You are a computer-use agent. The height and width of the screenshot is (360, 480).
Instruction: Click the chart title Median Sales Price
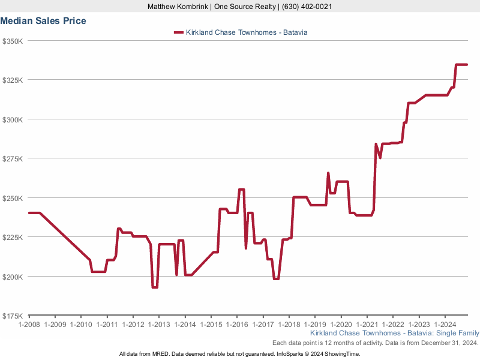point(43,21)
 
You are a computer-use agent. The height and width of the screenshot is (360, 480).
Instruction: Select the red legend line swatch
point(178,32)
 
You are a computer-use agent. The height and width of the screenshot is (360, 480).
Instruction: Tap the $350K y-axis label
point(12,41)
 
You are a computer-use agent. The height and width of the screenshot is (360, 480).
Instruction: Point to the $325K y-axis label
point(12,80)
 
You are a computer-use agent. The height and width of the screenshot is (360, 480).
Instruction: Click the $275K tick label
point(12,158)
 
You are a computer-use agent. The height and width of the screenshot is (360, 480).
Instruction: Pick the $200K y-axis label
point(12,277)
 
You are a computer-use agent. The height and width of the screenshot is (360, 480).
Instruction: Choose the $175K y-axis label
point(12,316)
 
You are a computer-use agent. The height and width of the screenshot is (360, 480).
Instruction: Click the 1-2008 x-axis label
point(29,325)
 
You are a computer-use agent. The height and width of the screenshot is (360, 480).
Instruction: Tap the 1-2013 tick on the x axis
point(158,325)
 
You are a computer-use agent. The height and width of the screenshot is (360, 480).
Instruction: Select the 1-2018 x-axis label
point(289,325)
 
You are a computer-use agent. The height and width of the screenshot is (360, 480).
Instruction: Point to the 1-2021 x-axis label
point(367,325)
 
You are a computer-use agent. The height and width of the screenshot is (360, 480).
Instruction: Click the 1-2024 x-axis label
point(445,325)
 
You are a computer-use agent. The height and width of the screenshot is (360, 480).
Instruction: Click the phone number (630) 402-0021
point(307,7)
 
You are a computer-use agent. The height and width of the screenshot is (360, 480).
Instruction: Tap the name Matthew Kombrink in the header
point(178,7)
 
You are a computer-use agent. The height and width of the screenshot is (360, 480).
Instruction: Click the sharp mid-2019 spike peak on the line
point(328,173)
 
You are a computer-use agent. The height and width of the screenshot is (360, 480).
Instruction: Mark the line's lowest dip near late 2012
point(154,287)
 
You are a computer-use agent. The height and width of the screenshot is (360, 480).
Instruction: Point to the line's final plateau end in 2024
point(466,64)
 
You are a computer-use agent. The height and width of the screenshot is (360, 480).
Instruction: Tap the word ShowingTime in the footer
point(342,354)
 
